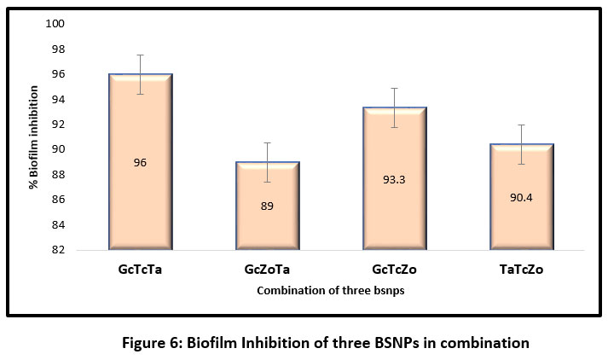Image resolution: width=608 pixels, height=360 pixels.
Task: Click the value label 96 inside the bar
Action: [141, 162]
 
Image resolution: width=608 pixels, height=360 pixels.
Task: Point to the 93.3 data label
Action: [395, 179]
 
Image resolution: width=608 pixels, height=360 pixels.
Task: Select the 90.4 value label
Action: [522, 197]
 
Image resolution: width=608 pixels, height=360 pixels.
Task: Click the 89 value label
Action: [268, 206]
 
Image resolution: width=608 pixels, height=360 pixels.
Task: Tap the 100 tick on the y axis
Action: [56, 24]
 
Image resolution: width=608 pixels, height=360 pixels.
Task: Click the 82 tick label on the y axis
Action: [59, 250]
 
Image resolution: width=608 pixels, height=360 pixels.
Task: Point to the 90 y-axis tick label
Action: [59, 149]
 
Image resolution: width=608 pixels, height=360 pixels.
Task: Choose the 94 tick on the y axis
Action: [59, 99]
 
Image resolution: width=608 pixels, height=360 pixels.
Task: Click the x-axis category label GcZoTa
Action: [268, 270]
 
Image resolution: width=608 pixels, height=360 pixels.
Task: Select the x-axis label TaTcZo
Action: [521, 270]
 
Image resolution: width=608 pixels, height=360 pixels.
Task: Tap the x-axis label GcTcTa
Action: [141, 270]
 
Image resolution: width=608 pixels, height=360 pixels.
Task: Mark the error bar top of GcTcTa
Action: [141, 55]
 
